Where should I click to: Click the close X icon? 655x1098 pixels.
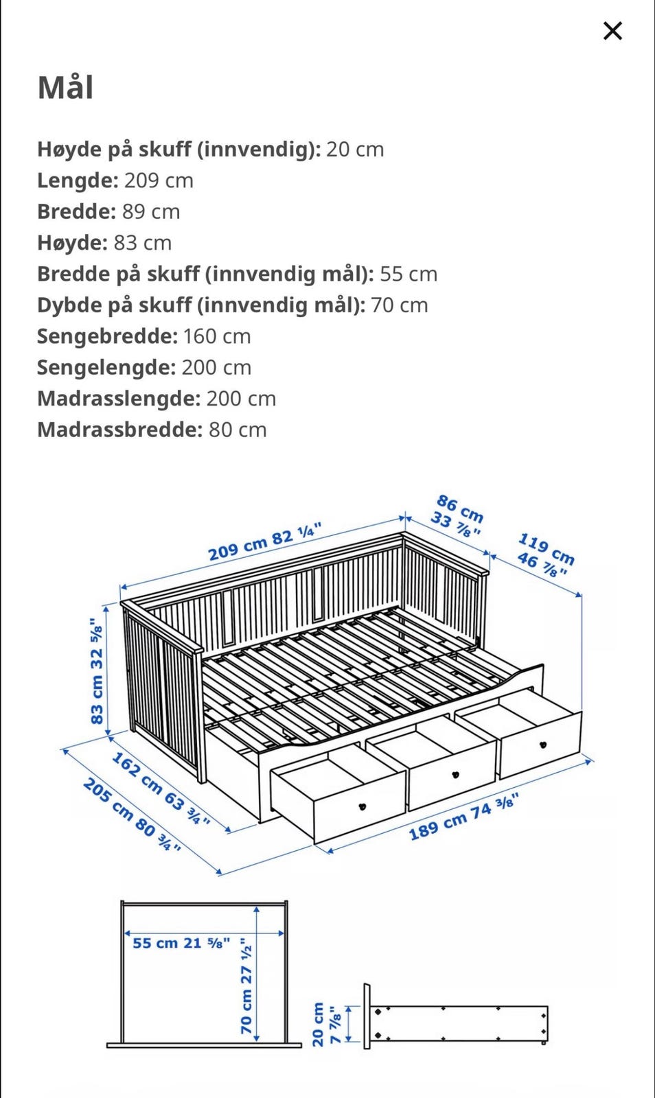pyautogui.click(x=612, y=31)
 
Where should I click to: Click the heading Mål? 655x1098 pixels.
pyautogui.click(x=65, y=88)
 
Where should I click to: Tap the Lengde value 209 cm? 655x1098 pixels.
pyautogui.click(x=159, y=180)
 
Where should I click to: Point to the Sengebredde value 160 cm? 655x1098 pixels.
pyautogui.click(x=217, y=336)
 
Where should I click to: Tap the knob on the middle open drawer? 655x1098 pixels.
pyautogui.click(x=455, y=775)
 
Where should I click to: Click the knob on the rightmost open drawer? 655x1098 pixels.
pyautogui.click(x=542, y=745)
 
